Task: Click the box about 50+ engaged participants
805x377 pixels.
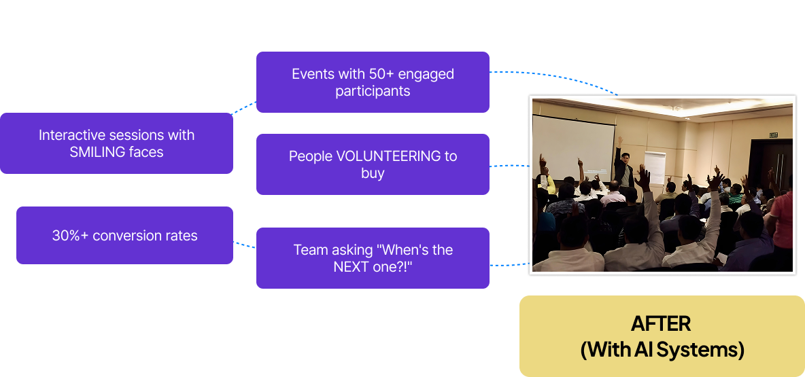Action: pos(373,82)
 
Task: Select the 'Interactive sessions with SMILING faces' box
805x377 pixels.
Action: pos(116,143)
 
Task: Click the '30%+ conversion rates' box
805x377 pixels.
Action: pos(124,236)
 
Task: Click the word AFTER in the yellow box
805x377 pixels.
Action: pos(661,323)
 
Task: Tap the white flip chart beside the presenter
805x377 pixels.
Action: pos(655,167)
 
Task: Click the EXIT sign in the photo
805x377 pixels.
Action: pos(773,135)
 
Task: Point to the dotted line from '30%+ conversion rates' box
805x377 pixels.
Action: pos(244,245)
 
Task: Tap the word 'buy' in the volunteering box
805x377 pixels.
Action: pos(373,173)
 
